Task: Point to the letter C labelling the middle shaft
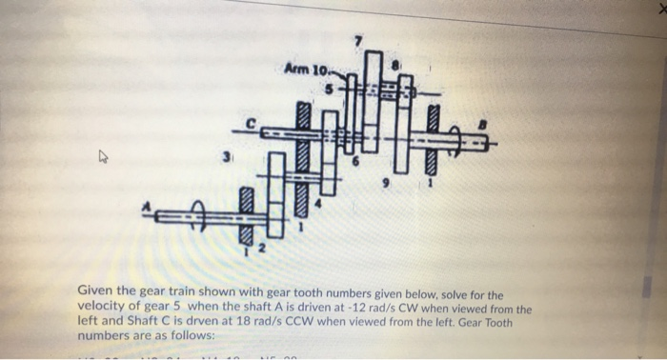[x=252, y=123]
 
